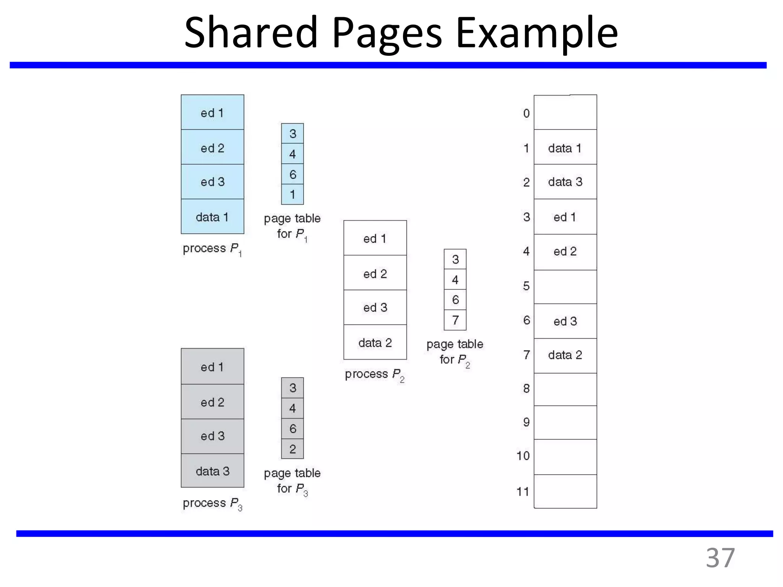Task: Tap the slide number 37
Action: point(720,558)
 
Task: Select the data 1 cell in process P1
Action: point(212,217)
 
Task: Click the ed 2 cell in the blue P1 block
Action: point(212,148)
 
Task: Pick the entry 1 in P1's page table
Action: point(292,195)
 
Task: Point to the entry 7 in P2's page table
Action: point(455,320)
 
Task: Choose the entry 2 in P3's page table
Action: point(292,449)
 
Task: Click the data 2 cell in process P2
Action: point(375,342)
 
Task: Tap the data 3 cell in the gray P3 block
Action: point(212,471)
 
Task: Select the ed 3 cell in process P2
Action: point(375,307)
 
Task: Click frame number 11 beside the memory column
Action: point(523,491)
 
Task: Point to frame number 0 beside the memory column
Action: point(526,113)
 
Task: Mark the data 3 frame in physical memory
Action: point(565,182)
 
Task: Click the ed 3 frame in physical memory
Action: point(565,321)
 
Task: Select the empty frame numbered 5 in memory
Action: point(565,287)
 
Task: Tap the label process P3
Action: point(212,503)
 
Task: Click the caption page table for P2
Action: point(455,352)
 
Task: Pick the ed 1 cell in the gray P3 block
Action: point(212,366)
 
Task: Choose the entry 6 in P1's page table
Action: point(292,174)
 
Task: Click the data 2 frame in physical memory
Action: point(565,355)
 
